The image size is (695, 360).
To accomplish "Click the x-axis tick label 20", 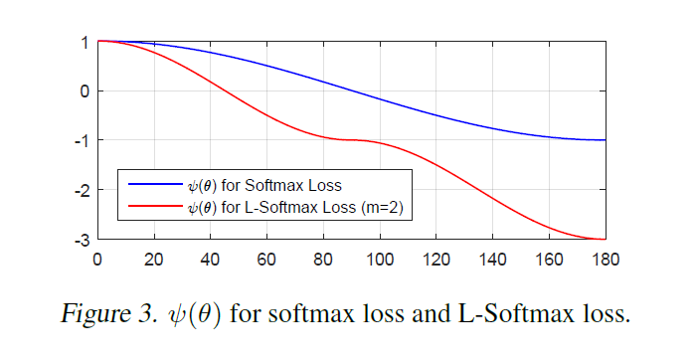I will point(153,261).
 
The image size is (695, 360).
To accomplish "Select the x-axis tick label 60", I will point(266,261).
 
